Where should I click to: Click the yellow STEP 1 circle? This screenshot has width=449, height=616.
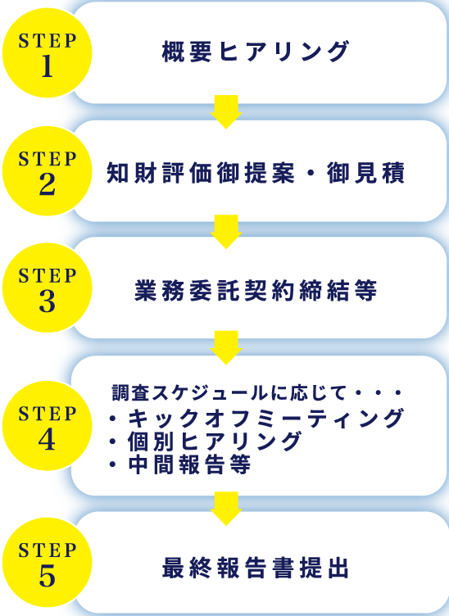(x=48, y=52)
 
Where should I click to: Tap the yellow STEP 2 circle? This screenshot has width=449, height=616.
(x=48, y=171)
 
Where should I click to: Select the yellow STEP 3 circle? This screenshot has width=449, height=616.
(x=48, y=288)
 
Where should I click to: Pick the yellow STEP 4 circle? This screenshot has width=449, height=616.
(x=48, y=426)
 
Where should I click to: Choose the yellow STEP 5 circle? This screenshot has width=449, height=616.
(x=48, y=562)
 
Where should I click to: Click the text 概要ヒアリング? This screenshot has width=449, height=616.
(x=256, y=52)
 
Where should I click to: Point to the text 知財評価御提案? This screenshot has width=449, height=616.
(x=201, y=173)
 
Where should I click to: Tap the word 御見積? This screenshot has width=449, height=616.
(x=365, y=173)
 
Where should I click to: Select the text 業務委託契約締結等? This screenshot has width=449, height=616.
(x=256, y=290)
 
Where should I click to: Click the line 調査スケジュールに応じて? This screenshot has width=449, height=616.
(x=229, y=393)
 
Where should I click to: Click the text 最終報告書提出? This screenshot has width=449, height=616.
(x=256, y=568)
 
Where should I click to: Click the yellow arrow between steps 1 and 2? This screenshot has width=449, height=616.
(x=226, y=111)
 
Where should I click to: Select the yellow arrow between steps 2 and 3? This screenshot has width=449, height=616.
(x=226, y=231)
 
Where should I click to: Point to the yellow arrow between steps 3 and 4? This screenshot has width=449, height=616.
(x=226, y=347)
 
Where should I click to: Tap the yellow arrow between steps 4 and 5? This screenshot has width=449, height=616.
(x=226, y=509)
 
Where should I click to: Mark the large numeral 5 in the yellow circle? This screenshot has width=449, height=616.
(x=48, y=576)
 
